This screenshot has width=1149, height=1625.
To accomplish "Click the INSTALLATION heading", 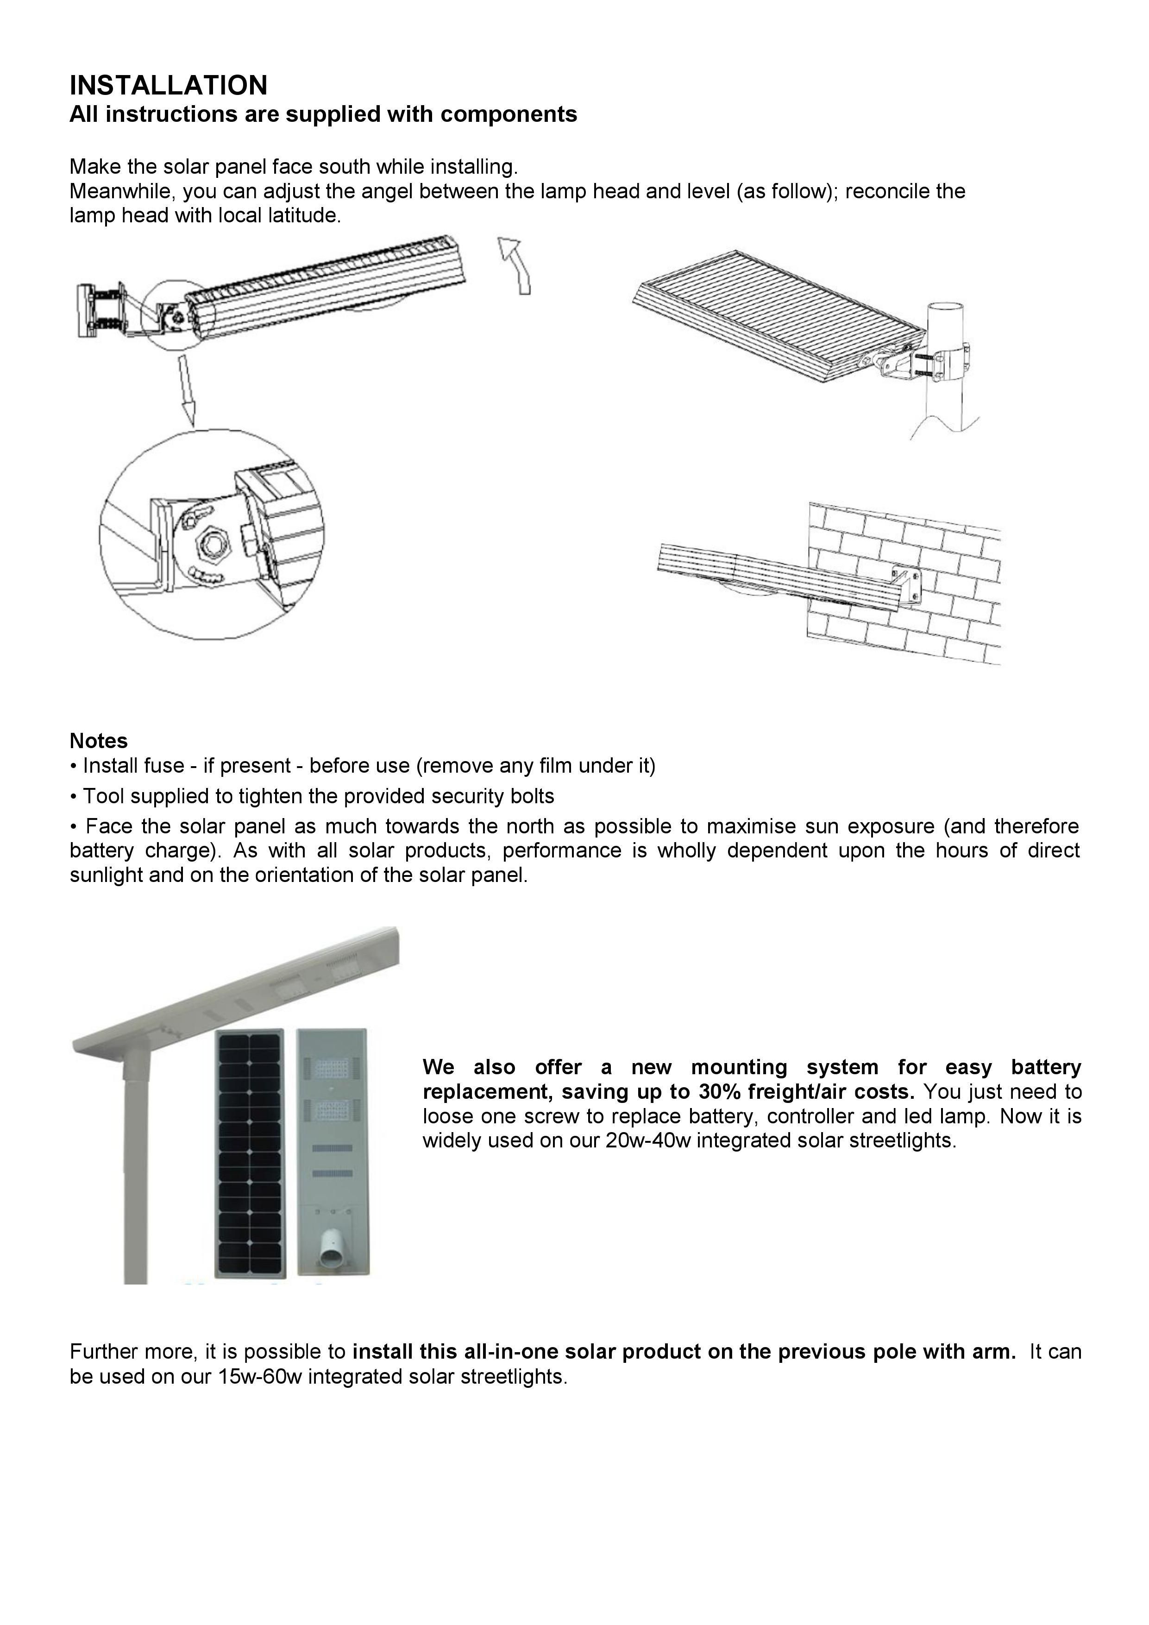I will click(169, 86).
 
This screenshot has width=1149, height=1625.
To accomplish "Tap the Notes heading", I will click(98, 741).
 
